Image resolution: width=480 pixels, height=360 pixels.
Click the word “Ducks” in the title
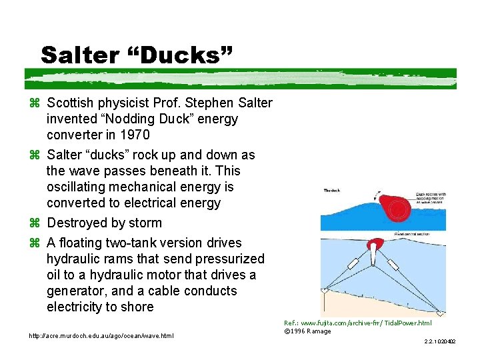187,55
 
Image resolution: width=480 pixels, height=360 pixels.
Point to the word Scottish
74,103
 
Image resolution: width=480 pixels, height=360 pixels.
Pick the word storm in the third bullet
144,223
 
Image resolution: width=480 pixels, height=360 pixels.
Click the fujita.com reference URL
357,323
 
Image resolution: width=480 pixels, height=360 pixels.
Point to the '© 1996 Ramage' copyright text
307,331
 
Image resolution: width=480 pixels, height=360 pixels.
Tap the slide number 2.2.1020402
439,341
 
